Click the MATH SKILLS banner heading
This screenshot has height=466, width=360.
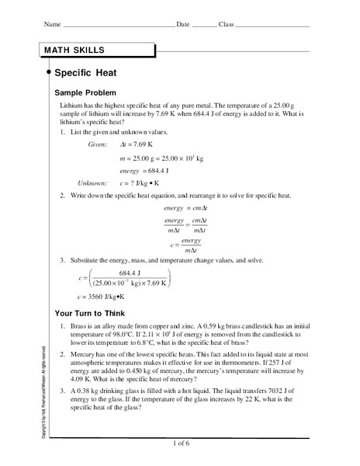point(75,50)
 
